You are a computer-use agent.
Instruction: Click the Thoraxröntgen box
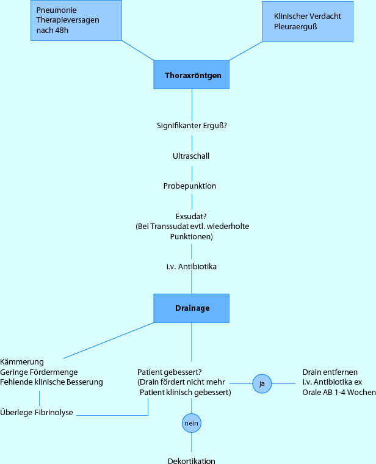click(192, 76)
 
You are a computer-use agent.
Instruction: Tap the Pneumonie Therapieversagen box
click(76, 20)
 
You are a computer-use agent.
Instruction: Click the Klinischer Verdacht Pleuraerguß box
click(307, 21)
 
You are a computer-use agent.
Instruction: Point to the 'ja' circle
click(262, 383)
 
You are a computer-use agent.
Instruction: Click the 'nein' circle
click(192, 422)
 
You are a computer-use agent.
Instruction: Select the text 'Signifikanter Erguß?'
click(192, 126)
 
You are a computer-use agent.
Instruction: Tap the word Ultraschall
click(191, 156)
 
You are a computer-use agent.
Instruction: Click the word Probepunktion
click(190, 186)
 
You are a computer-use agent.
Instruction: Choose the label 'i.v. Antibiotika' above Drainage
click(192, 267)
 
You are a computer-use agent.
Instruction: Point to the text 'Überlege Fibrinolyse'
click(37, 413)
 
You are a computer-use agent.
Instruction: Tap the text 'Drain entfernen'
click(330, 372)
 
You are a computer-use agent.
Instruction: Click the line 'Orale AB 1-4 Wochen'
click(339, 393)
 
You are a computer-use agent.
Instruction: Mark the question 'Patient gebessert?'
click(170, 372)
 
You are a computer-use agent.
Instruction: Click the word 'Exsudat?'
click(191, 216)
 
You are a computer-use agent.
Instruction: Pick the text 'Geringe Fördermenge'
click(39, 372)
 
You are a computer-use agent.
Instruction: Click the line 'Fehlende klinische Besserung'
click(52, 382)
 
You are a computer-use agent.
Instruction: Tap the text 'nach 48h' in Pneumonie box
click(52, 30)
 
